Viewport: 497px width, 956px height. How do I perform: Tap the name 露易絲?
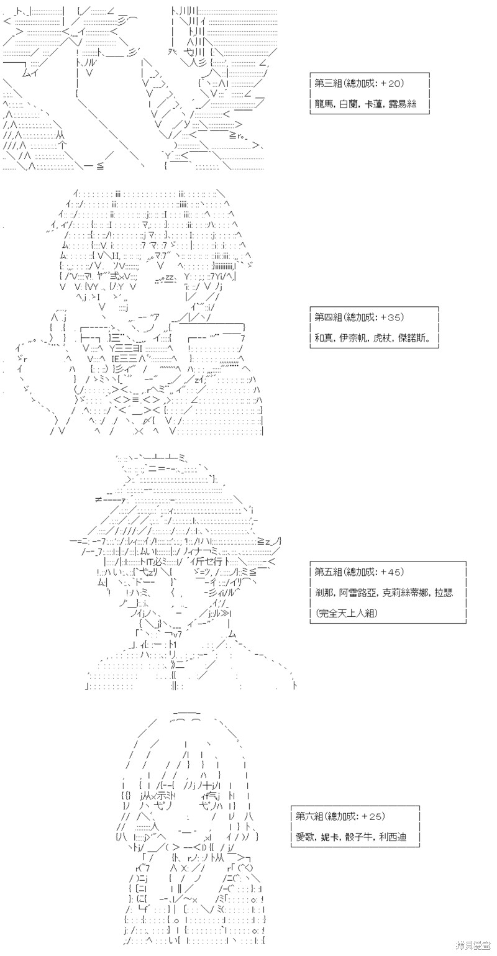(x=402, y=104)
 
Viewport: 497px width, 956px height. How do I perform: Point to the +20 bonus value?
(x=391, y=83)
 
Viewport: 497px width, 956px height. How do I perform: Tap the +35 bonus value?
(x=391, y=317)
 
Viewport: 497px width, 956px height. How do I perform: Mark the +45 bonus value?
(x=391, y=572)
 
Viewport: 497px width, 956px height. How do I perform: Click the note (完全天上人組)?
(x=347, y=613)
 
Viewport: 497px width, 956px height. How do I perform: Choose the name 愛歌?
(x=305, y=837)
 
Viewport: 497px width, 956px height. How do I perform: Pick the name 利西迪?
(x=393, y=837)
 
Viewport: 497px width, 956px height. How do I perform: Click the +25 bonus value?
(x=373, y=816)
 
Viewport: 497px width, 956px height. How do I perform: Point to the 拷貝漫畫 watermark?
(x=473, y=946)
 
